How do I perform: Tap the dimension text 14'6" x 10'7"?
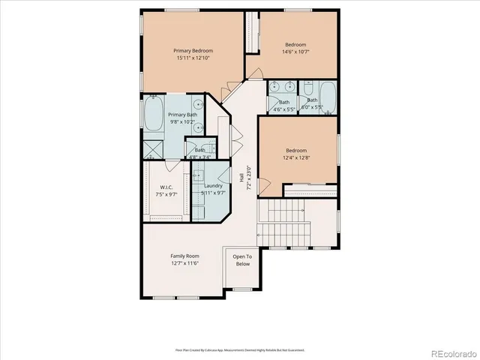coord(295,52)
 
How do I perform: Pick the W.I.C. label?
coord(166,187)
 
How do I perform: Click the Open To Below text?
coord(241,260)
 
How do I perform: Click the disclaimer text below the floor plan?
coord(240,349)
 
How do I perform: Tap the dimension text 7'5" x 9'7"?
coord(166,194)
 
